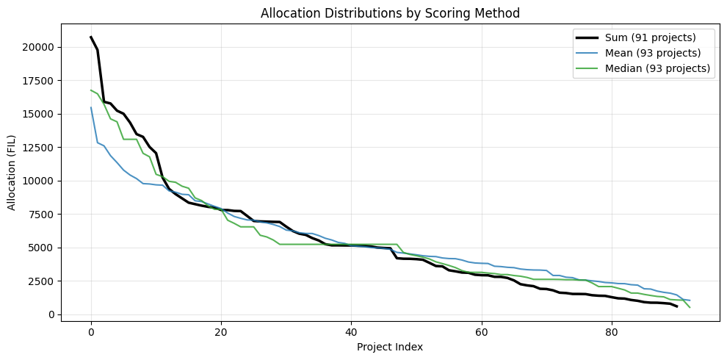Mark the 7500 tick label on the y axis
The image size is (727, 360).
[65, 215]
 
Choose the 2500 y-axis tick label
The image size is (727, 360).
[65, 281]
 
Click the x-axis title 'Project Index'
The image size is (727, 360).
[389, 346]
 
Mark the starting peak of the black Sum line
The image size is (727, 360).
[91, 37]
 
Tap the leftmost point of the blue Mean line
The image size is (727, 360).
[91, 108]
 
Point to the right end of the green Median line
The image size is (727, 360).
[690, 307]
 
